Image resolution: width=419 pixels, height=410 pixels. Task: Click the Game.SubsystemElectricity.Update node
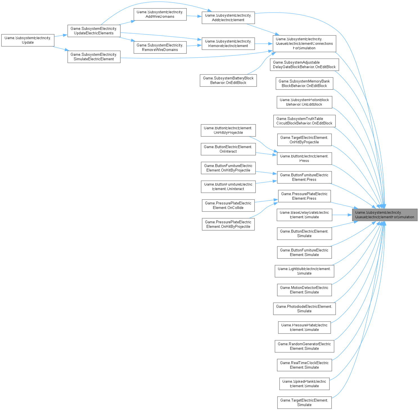(x=28, y=40)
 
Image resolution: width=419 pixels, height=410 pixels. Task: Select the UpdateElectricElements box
(x=94, y=31)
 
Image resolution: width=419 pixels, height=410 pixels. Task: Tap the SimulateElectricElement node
(x=94, y=57)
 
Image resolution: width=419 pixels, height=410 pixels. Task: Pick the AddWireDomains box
(x=160, y=14)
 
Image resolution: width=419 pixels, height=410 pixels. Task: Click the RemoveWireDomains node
(x=160, y=48)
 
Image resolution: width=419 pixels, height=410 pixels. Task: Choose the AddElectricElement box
(x=228, y=18)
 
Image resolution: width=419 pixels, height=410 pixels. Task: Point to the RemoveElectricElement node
(x=228, y=44)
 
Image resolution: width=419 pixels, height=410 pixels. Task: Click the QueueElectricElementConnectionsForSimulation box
(x=304, y=44)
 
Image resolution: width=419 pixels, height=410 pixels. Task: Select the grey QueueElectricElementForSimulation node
(x=384, y=215)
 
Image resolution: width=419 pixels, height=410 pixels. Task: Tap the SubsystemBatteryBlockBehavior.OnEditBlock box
(x=228, y=81)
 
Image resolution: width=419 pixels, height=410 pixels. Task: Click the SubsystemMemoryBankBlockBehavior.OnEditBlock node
(x=304, y=84)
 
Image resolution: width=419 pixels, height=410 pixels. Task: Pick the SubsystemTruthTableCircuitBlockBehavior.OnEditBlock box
(x=304, y=121)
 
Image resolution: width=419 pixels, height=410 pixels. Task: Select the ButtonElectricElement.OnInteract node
(x=228, y=149)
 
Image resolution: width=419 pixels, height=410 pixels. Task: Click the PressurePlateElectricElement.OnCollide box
(x=228, y=206)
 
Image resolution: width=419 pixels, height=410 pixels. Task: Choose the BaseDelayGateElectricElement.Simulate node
(x=304, y=215)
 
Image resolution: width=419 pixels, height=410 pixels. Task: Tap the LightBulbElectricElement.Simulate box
(x=304, y=271)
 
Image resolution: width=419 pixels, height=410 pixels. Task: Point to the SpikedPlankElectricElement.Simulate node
(x=304, y=384)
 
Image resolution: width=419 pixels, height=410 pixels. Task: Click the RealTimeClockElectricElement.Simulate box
(x=304, y=365)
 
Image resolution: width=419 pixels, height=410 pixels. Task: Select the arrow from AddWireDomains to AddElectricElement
(x=194, y=16)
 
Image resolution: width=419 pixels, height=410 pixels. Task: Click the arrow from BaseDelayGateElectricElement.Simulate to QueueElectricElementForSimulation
(x=342, y=215)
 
